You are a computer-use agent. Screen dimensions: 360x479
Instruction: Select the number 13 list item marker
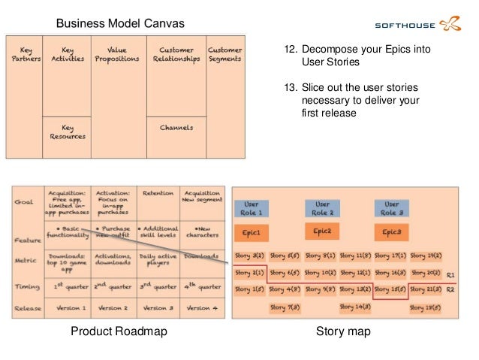click(290, 86)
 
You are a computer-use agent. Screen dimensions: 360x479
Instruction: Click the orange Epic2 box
click(322, 231)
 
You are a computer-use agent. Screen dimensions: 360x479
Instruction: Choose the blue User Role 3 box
click(392, 208)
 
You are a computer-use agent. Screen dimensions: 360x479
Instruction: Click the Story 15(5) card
click(392, 289)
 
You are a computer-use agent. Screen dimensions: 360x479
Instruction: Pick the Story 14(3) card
click(355, 307)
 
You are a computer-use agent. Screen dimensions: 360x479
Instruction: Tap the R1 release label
click(450, 275)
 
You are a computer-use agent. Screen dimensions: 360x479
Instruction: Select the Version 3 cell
click(158, 308)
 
